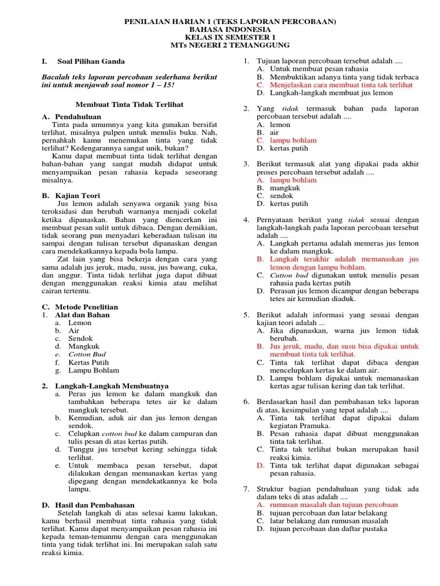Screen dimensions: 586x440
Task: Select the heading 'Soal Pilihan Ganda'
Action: [91, 61]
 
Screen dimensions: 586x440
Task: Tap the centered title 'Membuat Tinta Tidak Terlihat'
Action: [129, 104]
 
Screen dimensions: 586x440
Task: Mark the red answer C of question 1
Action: [342, 85]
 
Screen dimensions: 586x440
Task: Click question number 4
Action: [246, 220]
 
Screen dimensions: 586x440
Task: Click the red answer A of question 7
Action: [335, 505]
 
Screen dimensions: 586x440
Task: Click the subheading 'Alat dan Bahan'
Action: [82, 315]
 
